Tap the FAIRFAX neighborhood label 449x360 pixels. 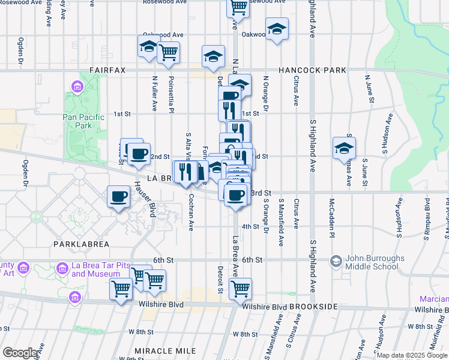(x=107, y=70)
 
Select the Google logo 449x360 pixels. (x=20, y=353)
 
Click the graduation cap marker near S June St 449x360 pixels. (x=345, y=148)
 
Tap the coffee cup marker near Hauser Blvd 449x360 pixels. (x=118, y=196)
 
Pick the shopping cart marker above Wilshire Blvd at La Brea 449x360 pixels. (x=240, y=289)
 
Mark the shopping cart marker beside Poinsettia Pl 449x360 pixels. (x=169, y=52)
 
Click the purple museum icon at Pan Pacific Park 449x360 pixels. (x=77, y=88)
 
